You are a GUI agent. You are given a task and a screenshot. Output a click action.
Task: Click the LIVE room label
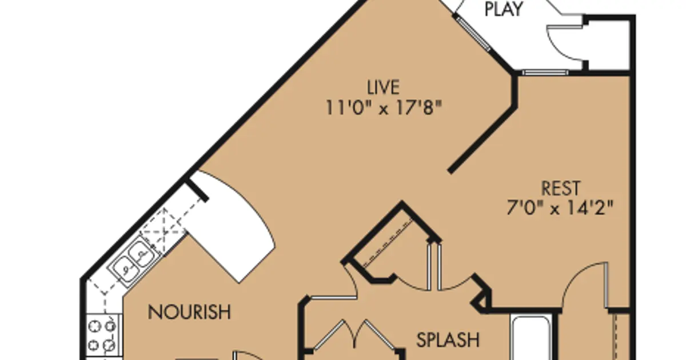384,87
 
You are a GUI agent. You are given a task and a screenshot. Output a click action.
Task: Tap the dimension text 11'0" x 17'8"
384,108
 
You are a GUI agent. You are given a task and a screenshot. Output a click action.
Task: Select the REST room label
561,188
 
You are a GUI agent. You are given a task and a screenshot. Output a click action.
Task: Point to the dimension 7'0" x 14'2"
560,207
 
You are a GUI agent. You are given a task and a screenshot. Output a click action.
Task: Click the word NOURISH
189,312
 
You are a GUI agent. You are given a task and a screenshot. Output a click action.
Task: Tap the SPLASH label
448,340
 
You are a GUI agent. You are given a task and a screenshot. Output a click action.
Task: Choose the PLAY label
504,9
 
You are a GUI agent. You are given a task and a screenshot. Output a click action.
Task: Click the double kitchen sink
134,261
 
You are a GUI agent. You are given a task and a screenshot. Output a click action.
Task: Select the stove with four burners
102,335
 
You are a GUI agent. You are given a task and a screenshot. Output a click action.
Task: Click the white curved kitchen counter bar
231,226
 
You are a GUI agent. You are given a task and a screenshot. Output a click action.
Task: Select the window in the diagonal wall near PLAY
473,33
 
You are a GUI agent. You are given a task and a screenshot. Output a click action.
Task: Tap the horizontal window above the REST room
545,73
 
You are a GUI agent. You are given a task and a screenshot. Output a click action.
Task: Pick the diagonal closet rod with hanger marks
388,243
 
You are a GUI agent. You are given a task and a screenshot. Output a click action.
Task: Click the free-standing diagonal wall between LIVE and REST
483,139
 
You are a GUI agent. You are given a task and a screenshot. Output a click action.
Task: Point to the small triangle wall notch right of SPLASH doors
481,302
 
